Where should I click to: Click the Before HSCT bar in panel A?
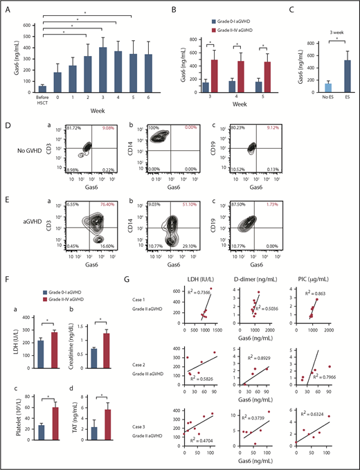pos(43,89)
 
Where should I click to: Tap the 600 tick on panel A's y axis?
pos(26,26)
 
